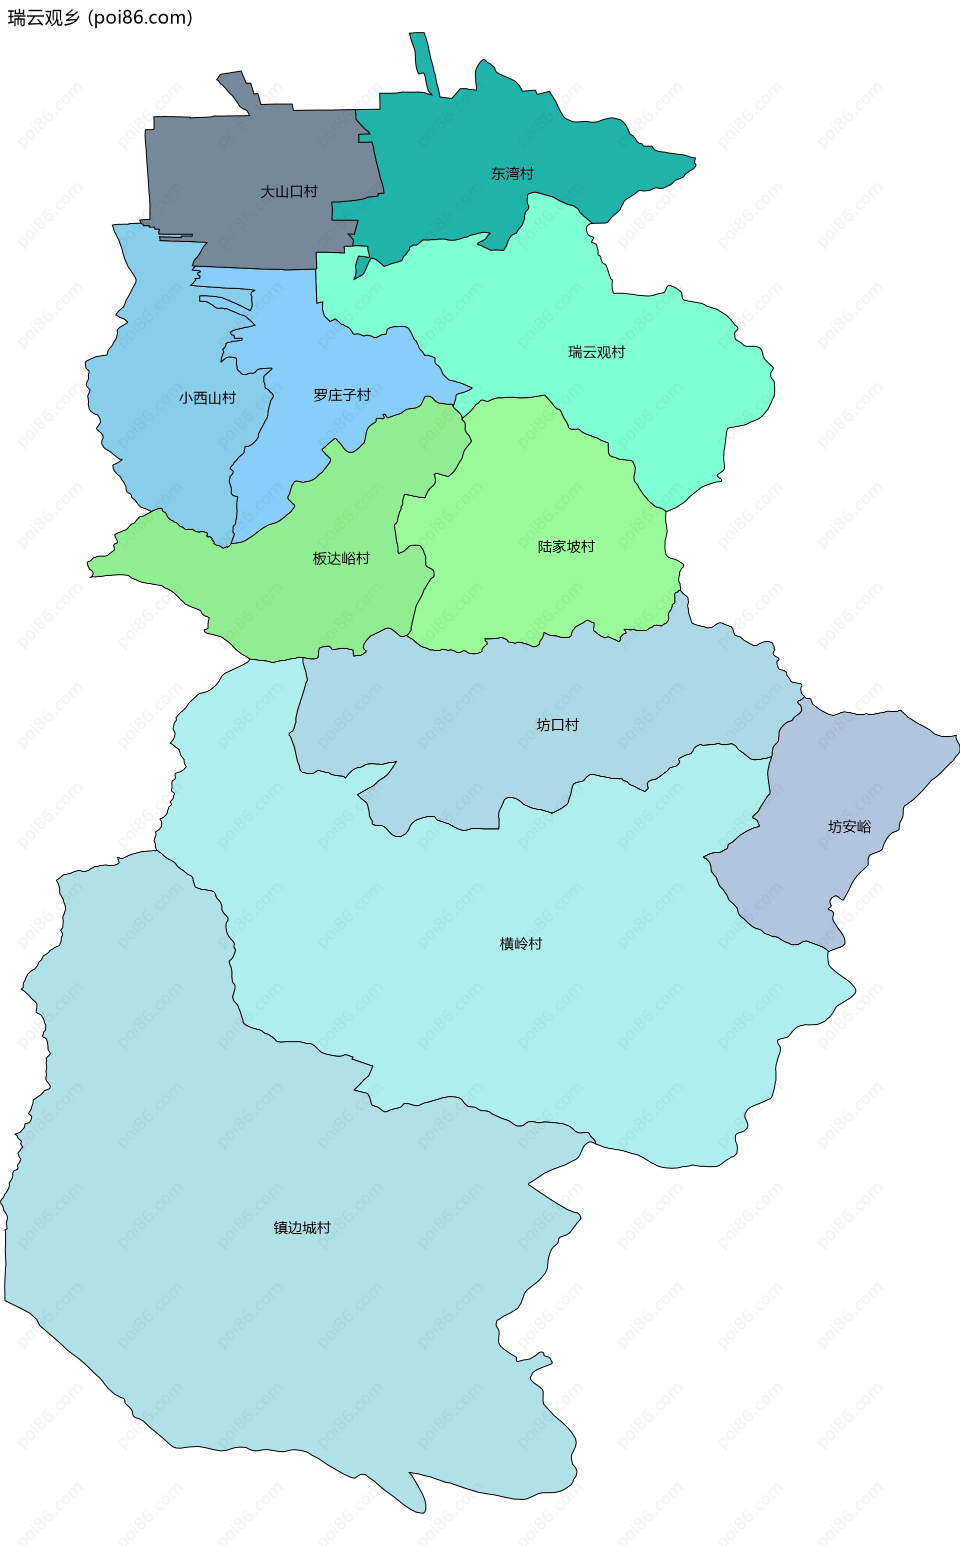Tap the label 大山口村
point(288,191)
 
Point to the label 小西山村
point(207,398)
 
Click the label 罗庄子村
point(341,395)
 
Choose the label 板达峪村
point(341,558)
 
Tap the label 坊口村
point(557,725)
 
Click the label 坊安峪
point(849,826)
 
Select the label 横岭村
point(520,944)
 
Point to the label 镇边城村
point(301,1228)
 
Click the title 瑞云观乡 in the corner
point(43,17)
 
